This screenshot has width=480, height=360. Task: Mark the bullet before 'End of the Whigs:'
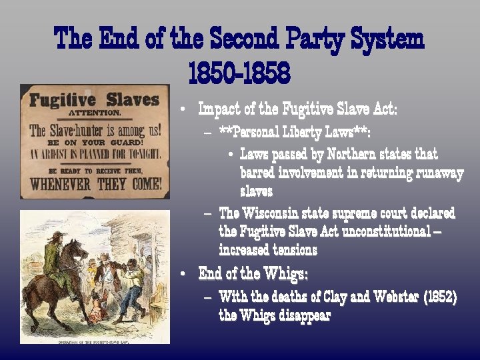[182, 274]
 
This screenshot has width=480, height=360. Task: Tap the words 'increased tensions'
[268, 250]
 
